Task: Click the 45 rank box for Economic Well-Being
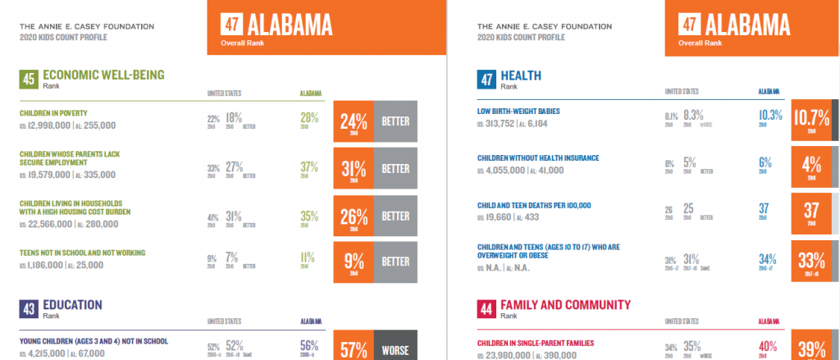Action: point(29,79)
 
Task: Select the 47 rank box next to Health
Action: point(486,79)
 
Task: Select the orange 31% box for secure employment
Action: point(354,170)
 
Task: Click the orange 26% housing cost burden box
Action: point(354,217)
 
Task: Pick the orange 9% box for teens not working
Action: point(354,262)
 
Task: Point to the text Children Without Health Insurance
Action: point(538,157)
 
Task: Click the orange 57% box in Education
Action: point(354,348)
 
